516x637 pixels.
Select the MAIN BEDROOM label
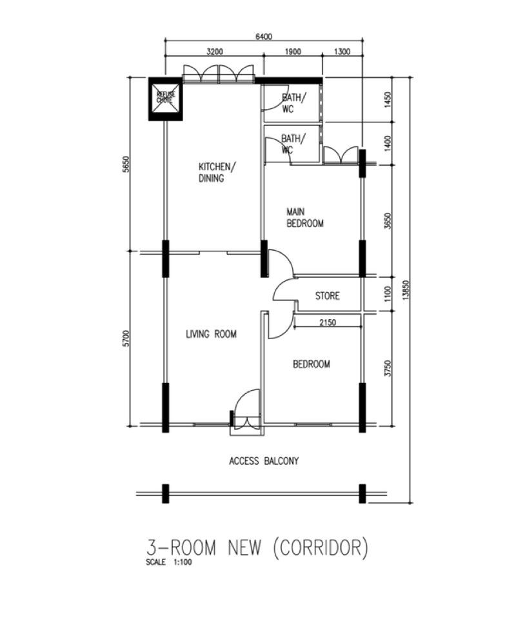(x=304, y=218)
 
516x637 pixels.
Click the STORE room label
(x=327, y=296)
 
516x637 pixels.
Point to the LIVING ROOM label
(x=211, y=334)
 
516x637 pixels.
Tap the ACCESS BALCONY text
(x=264, y=461)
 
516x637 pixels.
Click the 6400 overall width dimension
(x=263, y=37)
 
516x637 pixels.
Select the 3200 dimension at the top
(x=214, y=52)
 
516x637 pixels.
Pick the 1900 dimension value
(x=292, y=52)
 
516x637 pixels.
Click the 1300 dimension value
(x=342, y=52)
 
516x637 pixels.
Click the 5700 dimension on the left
(x=127, y=338)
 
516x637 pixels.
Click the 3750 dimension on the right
(x=386, y=369)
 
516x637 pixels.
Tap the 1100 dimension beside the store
(x=386, y=295)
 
